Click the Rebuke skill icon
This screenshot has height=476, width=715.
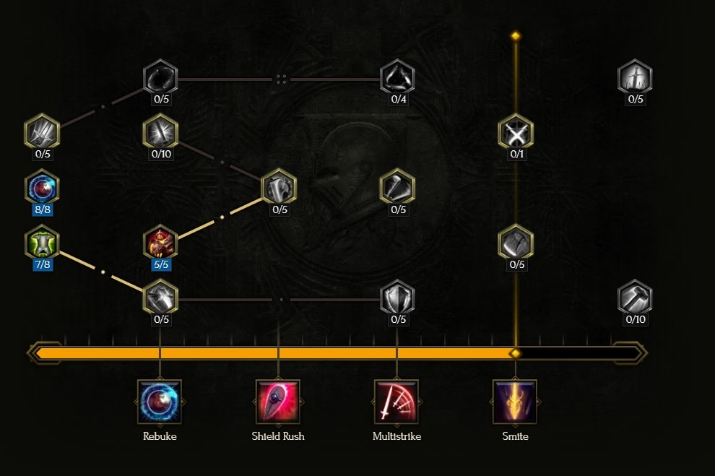tap(160, 402)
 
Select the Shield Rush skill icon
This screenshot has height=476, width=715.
tap(278, 402)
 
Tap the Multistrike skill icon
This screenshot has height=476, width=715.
tap(396, 402)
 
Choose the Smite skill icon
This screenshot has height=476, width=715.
tap(515, 402)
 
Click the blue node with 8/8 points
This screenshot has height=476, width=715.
tap(42, 187)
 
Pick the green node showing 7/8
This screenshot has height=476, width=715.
tap(42, 242)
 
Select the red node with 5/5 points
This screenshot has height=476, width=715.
tap(160, 242)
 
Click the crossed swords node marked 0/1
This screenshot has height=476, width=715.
tap(516, 132)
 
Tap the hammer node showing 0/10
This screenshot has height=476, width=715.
tap(635, 298)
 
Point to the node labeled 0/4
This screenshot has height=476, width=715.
tap(397, 77)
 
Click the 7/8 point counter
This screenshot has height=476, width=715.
tap(43, 264)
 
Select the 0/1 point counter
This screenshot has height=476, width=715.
tap(516, 154)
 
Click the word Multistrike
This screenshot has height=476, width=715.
tap(396, 436)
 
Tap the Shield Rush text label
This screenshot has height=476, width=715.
tap(278, 436)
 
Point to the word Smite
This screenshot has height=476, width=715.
tap(515, 436)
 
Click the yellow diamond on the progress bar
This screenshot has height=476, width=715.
tap(515, 353)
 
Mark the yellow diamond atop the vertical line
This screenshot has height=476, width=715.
tap(516, 35)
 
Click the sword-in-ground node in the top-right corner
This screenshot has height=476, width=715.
tap(635, 77)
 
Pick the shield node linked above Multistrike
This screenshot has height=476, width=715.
tap(397, 298)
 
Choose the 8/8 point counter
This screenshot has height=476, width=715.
tap(43, 209)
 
